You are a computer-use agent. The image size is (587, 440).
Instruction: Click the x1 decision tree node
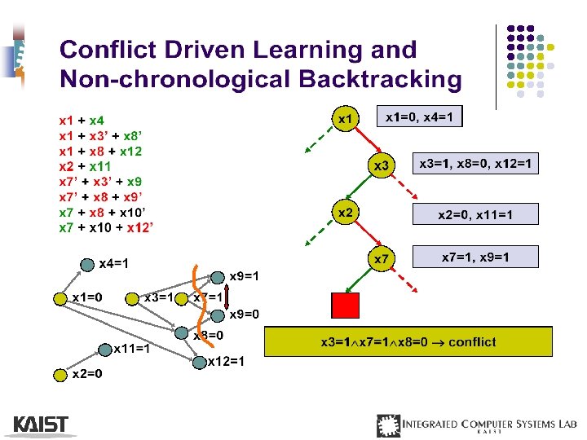click(x=345, y=119)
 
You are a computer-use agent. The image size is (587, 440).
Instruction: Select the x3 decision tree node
click(x=381, y=165)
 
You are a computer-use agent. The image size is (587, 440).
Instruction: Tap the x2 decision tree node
click(x=345, y=212)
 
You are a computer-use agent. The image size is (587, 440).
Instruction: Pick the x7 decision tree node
click(x=381, y=259)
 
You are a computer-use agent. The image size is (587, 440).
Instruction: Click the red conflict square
click(x=345, y=306)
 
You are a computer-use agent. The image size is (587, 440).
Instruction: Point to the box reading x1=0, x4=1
click(x=418, y=117)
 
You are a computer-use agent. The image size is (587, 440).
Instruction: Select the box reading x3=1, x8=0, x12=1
click(x=475, y=165)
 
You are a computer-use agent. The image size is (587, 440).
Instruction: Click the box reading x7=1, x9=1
click(x=475, y=257)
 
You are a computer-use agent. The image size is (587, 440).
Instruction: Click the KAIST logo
click(x=41, y=425)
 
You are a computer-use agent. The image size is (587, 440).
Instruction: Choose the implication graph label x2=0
click(x=86, y=375)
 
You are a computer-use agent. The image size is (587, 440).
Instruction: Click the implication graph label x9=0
click(x=244, y=314)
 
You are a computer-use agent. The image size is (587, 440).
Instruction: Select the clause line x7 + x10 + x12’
click(x=107, y=227)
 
